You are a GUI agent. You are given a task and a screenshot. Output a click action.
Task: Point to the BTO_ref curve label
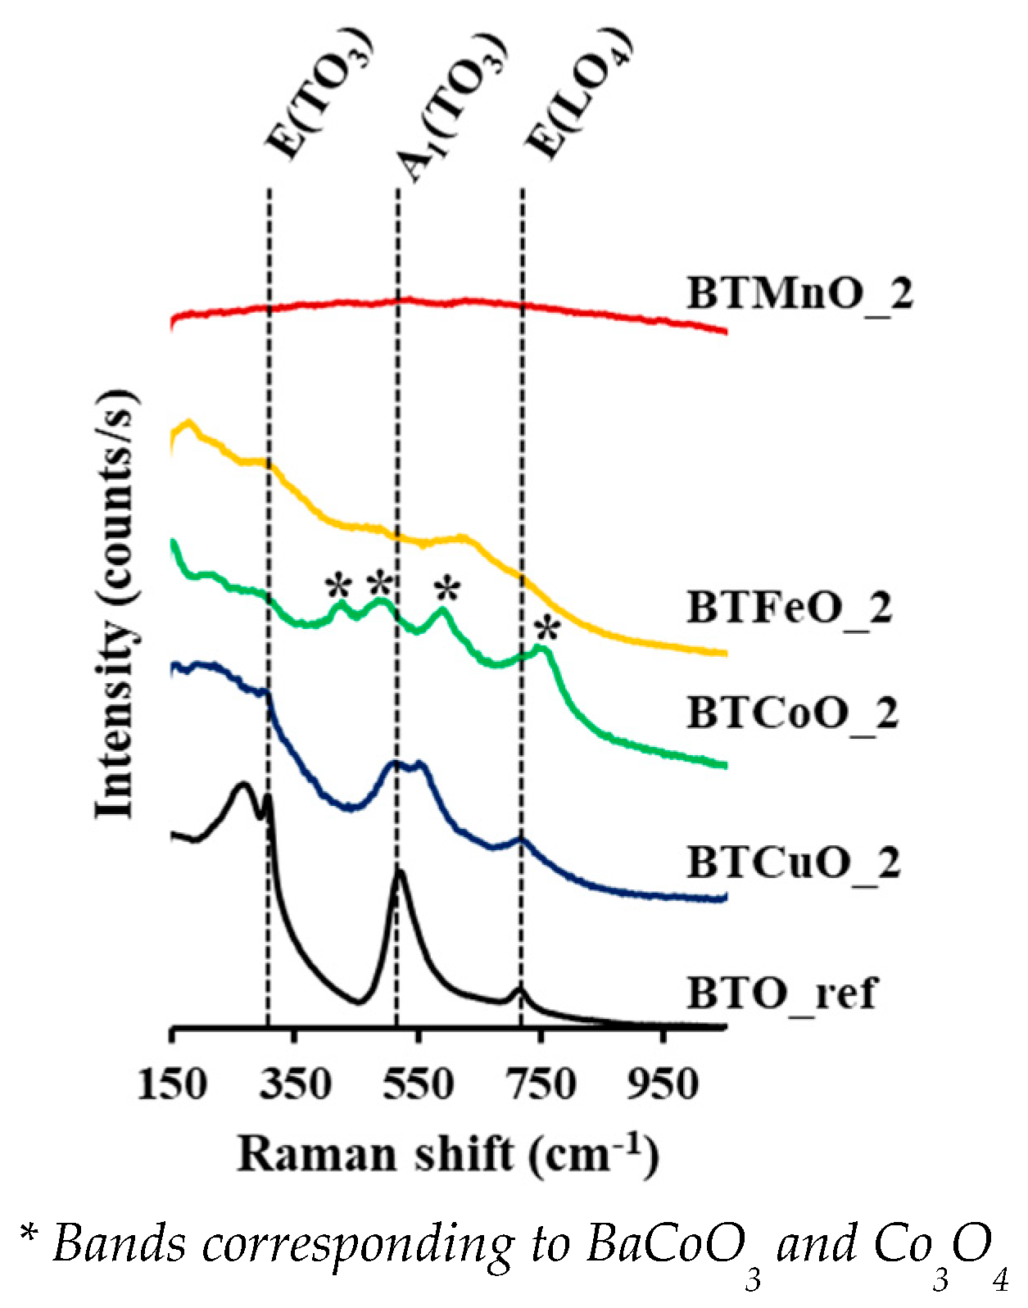tap(781, 993)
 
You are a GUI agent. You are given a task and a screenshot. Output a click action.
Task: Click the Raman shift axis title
tap(448, 1154)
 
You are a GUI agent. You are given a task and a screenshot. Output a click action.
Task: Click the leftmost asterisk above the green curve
tap(337, 586)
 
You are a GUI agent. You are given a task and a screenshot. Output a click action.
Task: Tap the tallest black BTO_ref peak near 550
tap(399, 873)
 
